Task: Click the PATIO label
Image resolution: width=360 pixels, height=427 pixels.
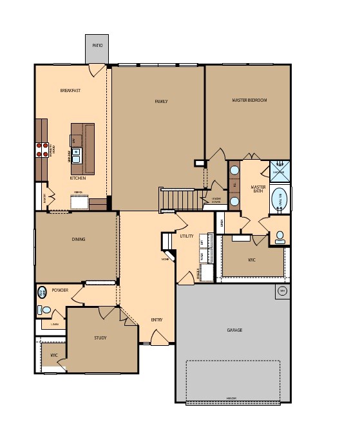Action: click(x=97, y=46)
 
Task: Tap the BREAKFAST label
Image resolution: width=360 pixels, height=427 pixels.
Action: click(x=70, y=91)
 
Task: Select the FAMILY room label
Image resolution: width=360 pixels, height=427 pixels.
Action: click(x=161, y=101)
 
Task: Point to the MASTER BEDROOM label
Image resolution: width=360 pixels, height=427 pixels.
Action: click(x=249, y=100)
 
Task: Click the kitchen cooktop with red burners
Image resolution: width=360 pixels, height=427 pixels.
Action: click(x=42, y=149)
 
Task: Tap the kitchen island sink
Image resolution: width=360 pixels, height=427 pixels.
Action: click(x=76, y=155)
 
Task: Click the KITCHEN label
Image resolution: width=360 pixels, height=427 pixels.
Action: click(x=78, y=178)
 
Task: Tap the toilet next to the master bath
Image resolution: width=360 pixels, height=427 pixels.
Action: click(x=281, y=238)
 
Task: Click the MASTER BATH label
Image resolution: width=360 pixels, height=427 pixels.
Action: click(x=257, y=188)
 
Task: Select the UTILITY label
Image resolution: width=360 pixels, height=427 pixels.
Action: click(x=187, y=236)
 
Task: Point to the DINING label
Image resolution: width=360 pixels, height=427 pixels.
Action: click(x=79, y=240)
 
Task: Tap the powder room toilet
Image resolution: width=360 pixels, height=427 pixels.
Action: click(x=44, y=310)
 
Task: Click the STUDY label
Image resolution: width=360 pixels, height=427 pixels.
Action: click(x=100, y=337)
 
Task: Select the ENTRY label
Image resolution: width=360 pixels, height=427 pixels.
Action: click(x=156, y=320)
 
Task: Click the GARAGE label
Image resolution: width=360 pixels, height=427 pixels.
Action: click(x=234, y=330)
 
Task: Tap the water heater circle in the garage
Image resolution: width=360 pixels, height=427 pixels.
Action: click(x=281, y=291)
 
